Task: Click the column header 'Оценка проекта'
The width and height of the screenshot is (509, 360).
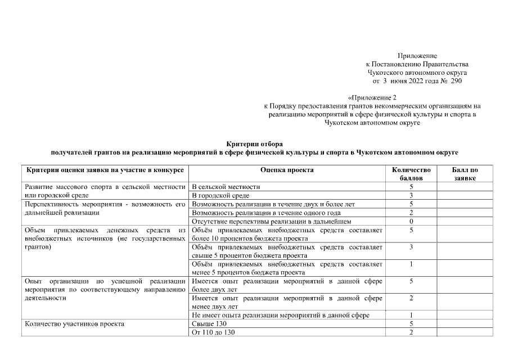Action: [x=287, y=170]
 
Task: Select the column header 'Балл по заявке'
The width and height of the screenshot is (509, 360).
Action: [x=465, y=174]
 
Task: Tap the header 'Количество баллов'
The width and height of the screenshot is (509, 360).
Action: [x=411, y=174]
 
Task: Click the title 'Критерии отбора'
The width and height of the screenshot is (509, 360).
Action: [x=254, y=145]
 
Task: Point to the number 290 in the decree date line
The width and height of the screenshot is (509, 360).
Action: [x=456, y=82]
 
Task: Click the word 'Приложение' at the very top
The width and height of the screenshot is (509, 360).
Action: [x=417, y=56]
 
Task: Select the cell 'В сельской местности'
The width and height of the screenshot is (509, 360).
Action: [x=226, y=187]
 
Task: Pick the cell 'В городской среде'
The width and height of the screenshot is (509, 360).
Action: [x=220, y=195]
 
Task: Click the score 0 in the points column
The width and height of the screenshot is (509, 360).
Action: [x=411, y=222]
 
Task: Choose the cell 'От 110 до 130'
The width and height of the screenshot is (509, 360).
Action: [x=213, y=332]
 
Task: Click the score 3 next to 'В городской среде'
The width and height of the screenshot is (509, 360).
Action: [x=411, y=195]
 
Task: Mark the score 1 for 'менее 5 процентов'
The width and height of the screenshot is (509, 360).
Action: [x=411, y=264]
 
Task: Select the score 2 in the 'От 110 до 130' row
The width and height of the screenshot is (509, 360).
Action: [x=411, y=332]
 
